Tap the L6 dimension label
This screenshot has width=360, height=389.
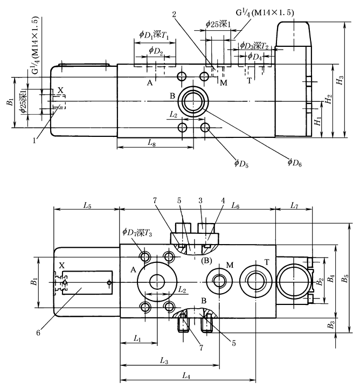point(236,205)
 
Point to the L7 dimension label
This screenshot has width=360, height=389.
point(294,205)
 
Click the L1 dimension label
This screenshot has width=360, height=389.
point(137,339)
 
